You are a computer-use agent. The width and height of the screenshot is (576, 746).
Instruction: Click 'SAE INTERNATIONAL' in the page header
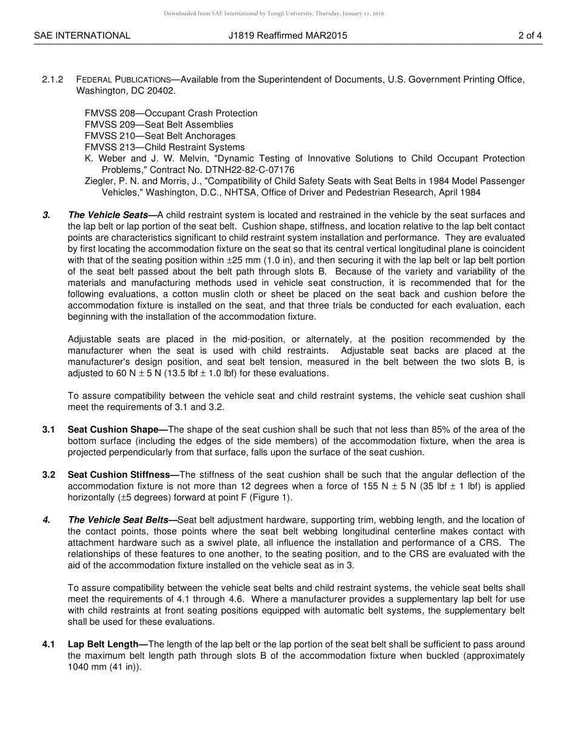(82, 36)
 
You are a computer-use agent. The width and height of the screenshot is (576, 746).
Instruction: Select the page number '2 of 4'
(529, 36)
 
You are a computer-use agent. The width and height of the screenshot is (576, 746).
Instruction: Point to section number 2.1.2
(53, 79)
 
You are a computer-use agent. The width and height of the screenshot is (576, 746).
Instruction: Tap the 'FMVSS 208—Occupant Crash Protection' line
(171, 113)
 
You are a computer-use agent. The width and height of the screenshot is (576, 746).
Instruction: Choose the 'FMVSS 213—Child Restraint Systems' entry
(164, 147)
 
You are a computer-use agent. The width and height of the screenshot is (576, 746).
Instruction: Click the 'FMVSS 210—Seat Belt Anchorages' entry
(159, 136)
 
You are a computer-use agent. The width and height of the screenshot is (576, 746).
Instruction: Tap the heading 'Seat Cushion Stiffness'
(123, 475)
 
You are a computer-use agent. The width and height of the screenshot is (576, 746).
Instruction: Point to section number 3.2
(49, 475)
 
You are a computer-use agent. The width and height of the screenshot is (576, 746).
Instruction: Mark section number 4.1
(49, 645)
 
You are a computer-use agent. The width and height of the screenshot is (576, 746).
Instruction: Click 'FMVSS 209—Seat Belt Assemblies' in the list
(159, 125)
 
